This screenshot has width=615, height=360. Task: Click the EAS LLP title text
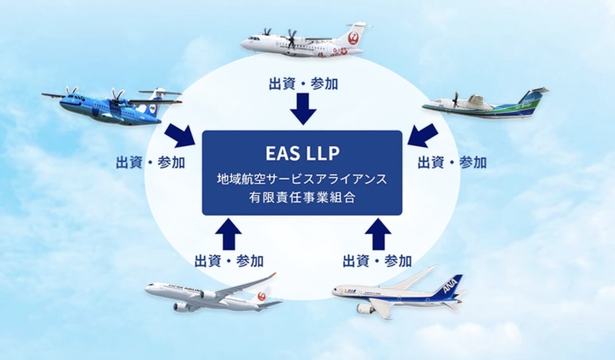coord(302,154)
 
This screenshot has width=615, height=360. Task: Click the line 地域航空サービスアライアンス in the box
coord(302,179)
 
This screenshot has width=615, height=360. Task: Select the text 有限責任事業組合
coord(302,198)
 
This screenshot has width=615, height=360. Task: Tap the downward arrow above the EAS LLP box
coord(303,109)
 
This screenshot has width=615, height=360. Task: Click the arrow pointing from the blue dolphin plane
coord(180,135)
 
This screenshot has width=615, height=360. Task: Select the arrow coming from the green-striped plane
coord(423,135)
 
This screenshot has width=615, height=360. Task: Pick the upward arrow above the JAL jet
coord(229,234)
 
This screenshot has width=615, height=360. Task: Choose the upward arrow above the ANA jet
coord(378,234)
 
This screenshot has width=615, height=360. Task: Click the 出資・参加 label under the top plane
coord(303,83)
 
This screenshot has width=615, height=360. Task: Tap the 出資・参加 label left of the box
coord(151,162)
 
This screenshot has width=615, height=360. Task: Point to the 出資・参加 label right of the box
coord(452,162)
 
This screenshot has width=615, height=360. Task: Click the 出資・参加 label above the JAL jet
coord(229,261)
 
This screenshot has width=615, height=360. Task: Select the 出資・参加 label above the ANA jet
coord(377,261)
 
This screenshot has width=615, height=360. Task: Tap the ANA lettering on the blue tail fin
coord(450,286)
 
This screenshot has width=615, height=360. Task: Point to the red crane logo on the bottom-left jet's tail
coord(262,296)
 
